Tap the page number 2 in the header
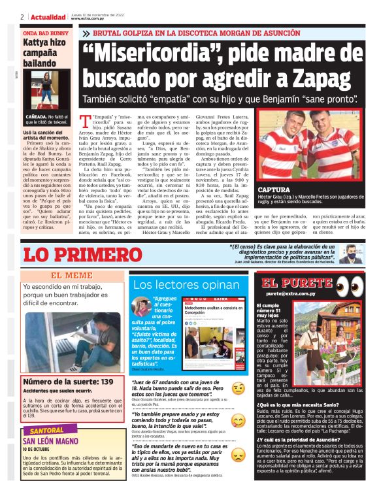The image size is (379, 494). tap(22, 16)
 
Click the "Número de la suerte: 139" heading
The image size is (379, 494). tap(68, 381)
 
